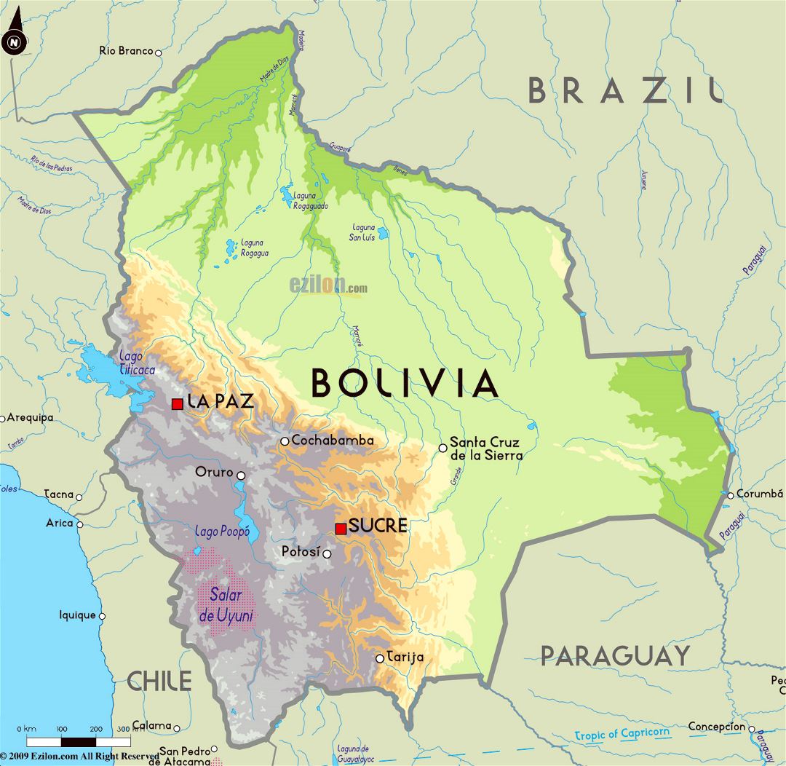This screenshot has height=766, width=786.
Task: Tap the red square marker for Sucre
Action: click(x=341, y=528)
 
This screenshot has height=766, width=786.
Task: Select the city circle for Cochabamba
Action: click(x=285, y=441)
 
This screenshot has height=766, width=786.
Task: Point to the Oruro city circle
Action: click(x=241, y=475)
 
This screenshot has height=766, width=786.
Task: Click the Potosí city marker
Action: click(x=327, y=554)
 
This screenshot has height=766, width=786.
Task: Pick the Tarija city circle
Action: click(x=379, y=658)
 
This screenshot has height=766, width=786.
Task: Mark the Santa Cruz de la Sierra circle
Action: click(x=442, y=448)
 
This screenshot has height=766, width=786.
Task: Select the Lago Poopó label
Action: click(x=216, y=532)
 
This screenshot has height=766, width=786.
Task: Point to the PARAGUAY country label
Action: click(x=615, y=656)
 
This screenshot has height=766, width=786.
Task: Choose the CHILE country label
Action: click(x=159, y=682)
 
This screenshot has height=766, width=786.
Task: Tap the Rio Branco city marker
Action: click(x=158, y=52)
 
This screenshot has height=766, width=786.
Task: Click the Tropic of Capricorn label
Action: click(x=622, y=733)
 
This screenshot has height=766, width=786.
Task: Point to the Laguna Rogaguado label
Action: click(x=310, y=201)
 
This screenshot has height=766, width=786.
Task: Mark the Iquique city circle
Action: click(x=102, y=616)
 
